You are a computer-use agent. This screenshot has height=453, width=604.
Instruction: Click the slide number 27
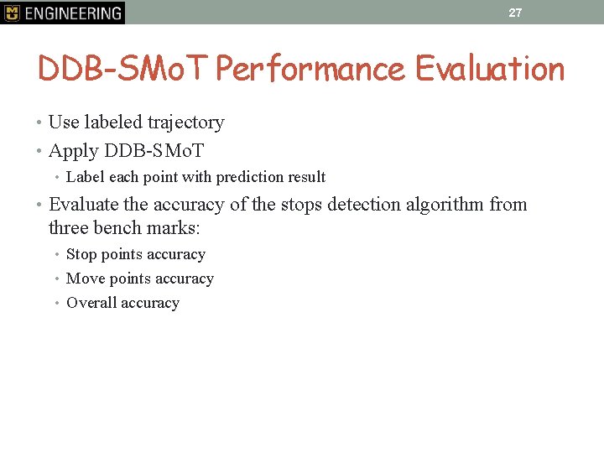pyautogui.click(x=515, y=13)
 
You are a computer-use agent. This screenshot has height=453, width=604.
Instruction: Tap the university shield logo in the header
pyautogui.click(x=12, y=13)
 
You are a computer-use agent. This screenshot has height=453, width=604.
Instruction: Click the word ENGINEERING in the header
pyautogui.click(x=73, y=13)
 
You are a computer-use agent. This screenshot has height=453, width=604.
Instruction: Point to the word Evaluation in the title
pyautogui.click(x=490, y=69)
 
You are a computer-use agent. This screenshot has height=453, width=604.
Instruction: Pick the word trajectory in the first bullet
pyautogui.click(x=185, y=122)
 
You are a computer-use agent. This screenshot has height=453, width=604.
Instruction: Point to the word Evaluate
pyautogui.click(x=83, y=205)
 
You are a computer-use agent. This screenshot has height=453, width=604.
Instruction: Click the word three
pyautogui.click(x=69, y=227)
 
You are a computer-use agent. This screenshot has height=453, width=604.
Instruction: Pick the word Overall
pyautogui.click(x=90, y=303)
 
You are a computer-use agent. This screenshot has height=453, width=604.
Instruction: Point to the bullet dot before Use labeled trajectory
pyautogui.click(x=41, y=122)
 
